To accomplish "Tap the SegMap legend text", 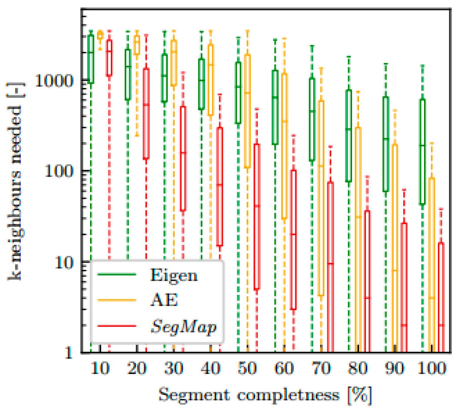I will pos(183,326).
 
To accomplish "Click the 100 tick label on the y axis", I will pos(59,171).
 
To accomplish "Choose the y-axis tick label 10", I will pos(64,263).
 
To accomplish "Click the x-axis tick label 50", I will pos(247,368).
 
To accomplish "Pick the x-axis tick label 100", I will pos(432,368).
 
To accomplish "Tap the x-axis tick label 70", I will pos(321,368).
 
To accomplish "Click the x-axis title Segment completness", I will pos(265,395).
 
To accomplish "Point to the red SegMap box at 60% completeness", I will pos(293,239).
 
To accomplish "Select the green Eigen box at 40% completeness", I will pos(201,84).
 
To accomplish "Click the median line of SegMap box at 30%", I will pos(183,153).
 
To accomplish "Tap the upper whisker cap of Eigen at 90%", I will pos(386,64).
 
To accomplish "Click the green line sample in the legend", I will pos(117,274).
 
